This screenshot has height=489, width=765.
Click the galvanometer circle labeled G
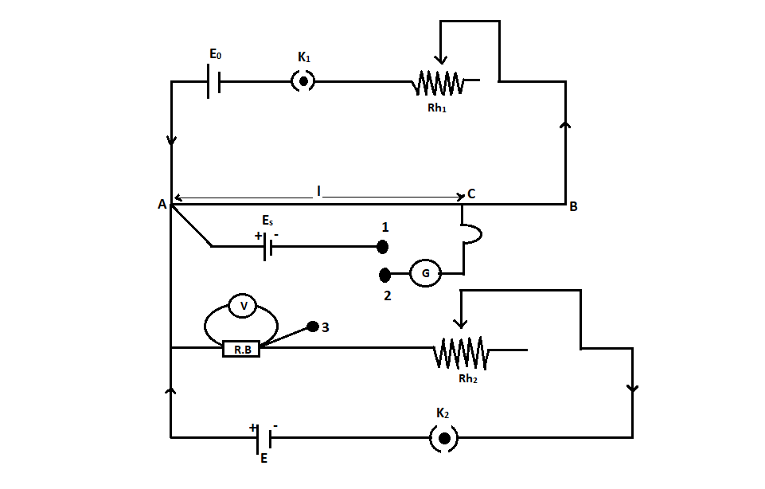425,274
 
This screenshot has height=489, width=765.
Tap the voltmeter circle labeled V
244,306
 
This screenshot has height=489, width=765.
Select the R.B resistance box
241,348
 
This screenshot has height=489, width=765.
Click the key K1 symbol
303,80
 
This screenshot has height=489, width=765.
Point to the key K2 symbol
444,437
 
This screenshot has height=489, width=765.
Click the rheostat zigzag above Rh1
438,81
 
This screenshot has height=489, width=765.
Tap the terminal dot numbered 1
382,246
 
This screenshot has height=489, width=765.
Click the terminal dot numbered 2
384,275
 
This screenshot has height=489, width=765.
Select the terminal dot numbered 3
313,327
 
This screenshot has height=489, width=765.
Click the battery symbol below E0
213,81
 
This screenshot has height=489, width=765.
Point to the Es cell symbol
267,247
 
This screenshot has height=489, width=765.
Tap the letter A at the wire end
162,205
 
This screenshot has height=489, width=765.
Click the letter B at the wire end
573,206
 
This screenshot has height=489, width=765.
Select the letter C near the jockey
472,194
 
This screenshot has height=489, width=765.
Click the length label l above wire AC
318,191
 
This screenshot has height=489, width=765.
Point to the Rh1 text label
437,108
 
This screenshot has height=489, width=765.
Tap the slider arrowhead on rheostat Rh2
459,323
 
